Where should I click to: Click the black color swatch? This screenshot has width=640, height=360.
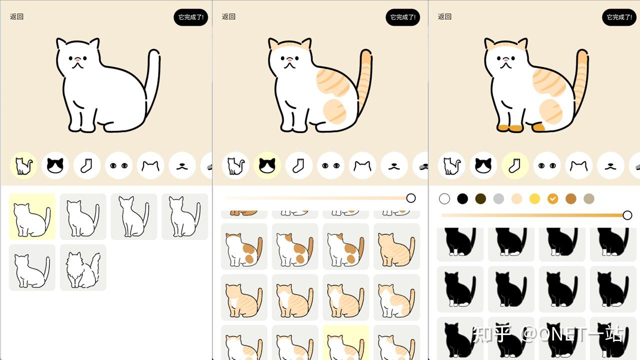click(x=462, y=198)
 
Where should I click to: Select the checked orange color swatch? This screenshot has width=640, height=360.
click(x=552, y=198)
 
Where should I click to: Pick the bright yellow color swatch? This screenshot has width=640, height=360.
click(x=534, y=198)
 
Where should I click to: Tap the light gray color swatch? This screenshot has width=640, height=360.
click(x=498, y=198)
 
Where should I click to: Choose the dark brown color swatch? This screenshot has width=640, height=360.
click(x=480, y=198)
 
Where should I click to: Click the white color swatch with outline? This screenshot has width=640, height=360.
click(x=444, y=198)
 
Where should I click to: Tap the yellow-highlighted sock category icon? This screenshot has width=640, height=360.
click(x=515, y=165)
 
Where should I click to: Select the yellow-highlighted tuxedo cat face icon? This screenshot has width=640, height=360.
click(x=267, y=165)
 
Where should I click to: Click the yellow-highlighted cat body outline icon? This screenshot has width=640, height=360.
click(x=23, y=165)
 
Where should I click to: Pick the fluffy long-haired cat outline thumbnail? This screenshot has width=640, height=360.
click(x=83, y=267)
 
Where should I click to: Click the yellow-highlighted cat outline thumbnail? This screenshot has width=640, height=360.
click(x=32, y=216)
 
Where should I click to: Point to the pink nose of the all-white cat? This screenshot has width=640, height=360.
click(x=77, y=59)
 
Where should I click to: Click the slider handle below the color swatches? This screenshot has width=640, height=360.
click(x=627, y=215)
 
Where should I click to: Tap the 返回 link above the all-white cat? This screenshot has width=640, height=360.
click(x=16, y=16)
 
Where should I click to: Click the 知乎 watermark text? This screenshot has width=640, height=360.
click(x=492, y=334)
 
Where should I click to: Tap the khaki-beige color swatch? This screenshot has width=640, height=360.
click(x=588, y=198)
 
